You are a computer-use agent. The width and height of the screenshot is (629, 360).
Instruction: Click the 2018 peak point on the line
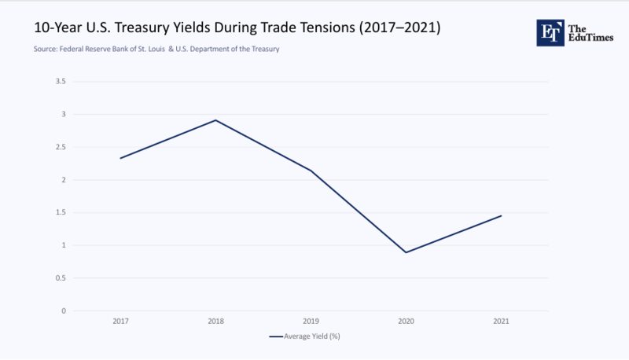215,120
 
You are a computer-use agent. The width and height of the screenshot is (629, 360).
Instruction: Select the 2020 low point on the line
406,252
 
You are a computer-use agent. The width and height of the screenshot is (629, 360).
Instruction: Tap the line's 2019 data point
311,171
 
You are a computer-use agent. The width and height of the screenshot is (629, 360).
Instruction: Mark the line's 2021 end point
501,215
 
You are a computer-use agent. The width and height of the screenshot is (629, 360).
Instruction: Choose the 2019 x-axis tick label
311,321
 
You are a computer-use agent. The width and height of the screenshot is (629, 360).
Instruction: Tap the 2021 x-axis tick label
501,321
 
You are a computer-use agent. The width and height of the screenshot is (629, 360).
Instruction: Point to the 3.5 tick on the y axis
61,82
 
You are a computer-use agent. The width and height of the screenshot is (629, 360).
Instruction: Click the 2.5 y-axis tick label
61,147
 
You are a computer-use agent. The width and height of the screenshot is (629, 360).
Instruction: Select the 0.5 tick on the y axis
61,278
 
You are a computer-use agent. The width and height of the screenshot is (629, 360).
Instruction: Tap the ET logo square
551,32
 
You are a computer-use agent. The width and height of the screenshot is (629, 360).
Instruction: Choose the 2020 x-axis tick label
406,321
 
